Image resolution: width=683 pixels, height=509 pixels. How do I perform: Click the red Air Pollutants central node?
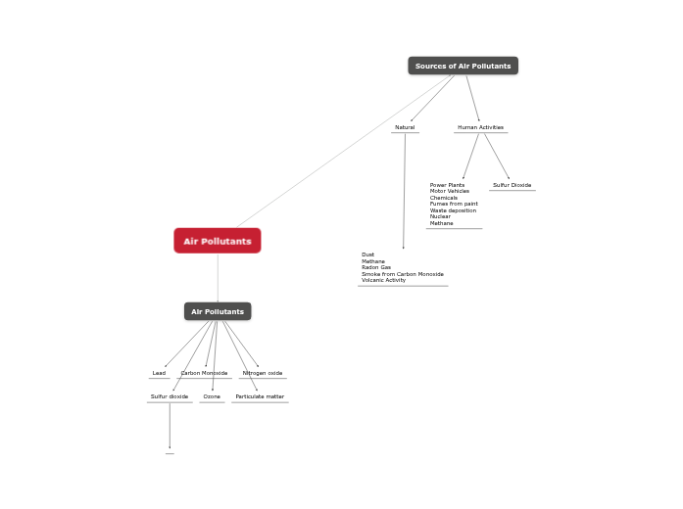coord(218,241)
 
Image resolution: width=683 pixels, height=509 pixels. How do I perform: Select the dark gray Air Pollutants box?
coord(218,311)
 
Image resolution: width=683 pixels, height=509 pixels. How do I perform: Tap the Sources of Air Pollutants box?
coord(463,66)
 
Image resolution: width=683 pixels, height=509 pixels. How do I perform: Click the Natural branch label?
coord(405,127)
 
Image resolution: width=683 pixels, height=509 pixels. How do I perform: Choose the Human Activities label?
coord(480,127)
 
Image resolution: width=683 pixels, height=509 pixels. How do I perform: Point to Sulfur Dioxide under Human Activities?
coord(512,185)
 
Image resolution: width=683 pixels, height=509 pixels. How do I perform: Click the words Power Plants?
coord(447,185)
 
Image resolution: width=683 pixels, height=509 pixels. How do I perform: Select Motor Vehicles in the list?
coord(449,191)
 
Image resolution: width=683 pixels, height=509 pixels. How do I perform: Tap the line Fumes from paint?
coord(454,204)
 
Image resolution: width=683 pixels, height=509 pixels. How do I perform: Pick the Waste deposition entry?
coord(453,210)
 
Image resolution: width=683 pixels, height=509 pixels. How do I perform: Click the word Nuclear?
coord(440,216)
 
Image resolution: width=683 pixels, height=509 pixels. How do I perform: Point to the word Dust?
coord(367,254)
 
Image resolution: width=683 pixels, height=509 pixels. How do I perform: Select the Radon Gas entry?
coord(376,267)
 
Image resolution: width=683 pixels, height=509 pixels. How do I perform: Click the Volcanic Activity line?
coord(383,280)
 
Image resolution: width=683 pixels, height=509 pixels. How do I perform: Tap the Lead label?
coord(159,373)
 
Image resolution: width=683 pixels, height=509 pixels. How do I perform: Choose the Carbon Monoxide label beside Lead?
coord(204,373)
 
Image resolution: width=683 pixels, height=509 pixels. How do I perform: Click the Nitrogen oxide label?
coord(263,373)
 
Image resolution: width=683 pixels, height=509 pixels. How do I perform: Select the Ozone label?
coord(212,396)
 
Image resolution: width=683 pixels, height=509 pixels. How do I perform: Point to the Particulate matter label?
coord(260,396)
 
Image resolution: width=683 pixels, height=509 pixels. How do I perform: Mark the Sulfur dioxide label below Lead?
coord(170,396)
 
